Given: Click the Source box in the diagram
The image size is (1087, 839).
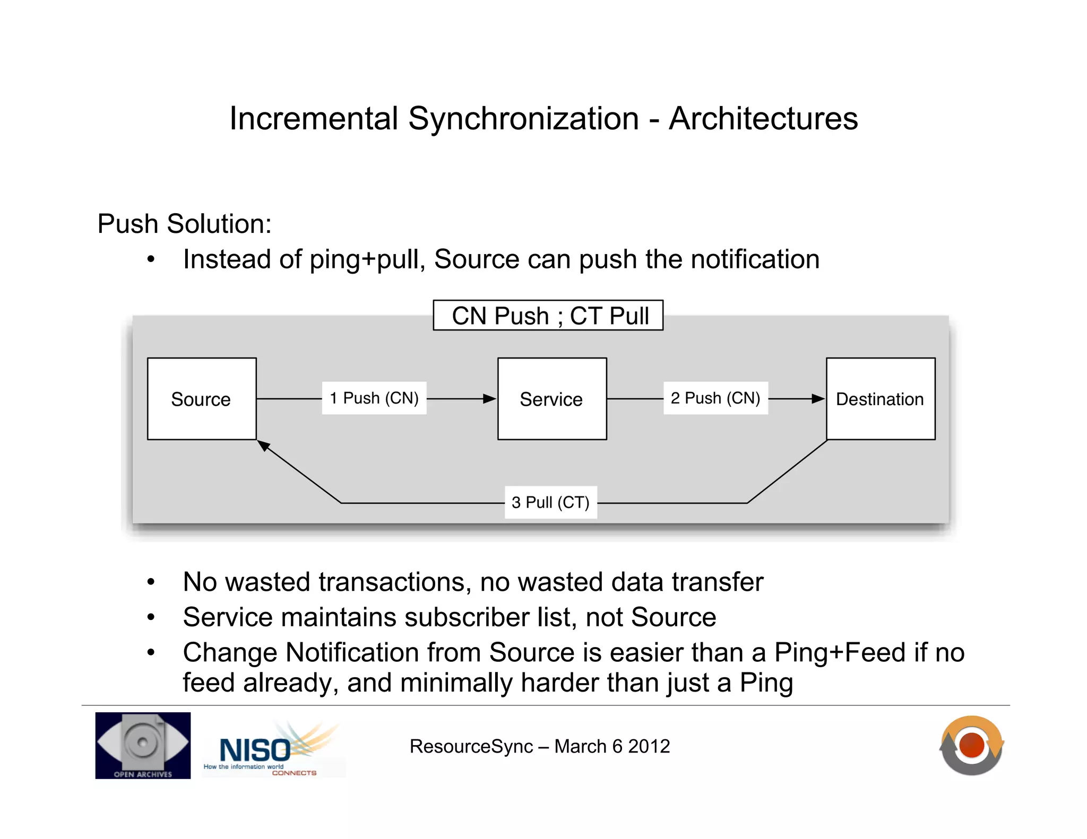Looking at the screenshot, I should tap(202, 399).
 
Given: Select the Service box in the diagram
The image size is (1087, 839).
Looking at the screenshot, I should tap(552, 399).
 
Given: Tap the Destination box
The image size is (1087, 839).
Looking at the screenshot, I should tap(881, 399).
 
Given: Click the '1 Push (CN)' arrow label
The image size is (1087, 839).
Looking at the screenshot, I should tap(374, 398).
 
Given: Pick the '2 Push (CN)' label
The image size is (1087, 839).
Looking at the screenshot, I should tap(715, 398).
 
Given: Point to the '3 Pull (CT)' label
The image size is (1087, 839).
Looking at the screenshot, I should tap(550, 502).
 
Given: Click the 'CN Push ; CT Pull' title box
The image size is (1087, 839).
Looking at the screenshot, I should tap(548, 316).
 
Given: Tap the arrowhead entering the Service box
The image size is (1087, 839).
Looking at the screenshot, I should tap(489, 399).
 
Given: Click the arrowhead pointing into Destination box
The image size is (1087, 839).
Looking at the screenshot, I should tap(818, 399).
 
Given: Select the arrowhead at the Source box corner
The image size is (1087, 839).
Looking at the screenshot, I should tap(264, 446).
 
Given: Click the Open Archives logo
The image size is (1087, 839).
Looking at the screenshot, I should tap(143, 745).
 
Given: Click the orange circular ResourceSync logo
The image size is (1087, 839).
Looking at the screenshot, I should tap(971, 745).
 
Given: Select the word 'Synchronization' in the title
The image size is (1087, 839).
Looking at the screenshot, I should tap(523, 118).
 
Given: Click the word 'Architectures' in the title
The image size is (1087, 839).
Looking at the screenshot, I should tap(763, 118).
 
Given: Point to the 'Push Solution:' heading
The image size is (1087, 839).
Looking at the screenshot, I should tap(184, 224).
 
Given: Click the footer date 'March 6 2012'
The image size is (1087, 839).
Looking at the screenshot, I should tap(612, 746).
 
